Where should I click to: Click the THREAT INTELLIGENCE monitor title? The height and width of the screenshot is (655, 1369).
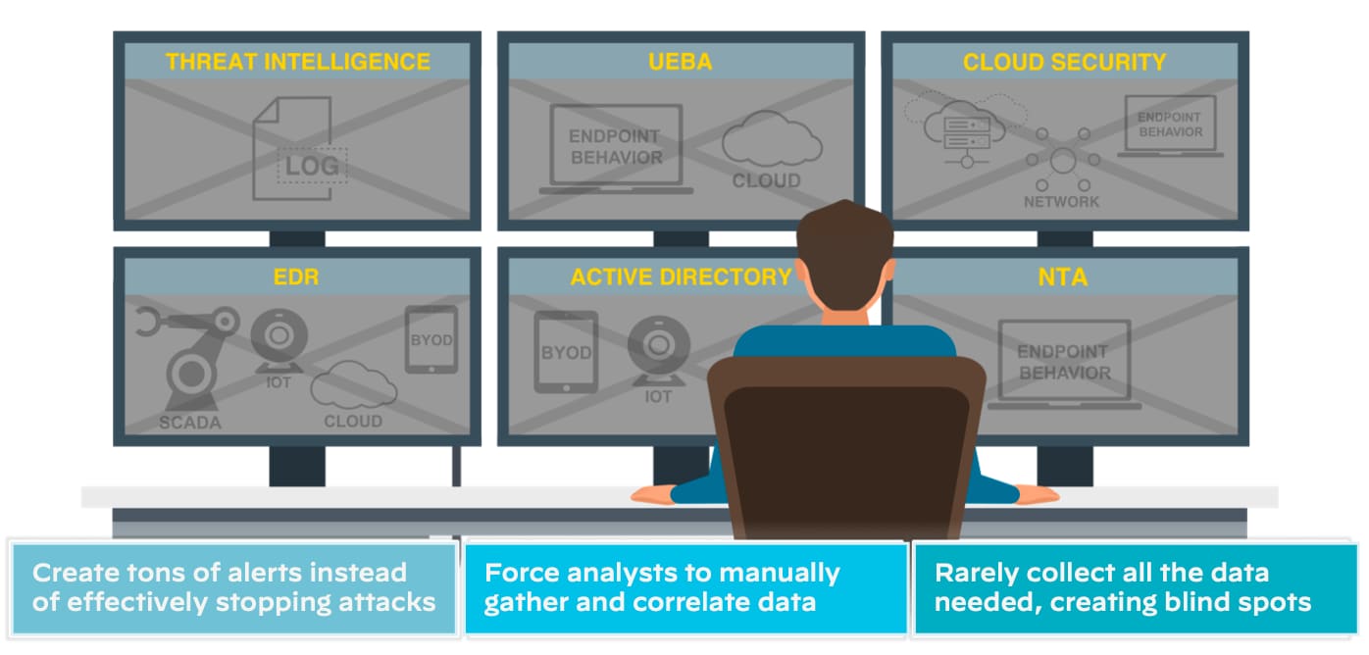[x=297, y=62]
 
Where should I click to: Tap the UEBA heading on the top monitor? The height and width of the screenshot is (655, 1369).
[x=680, y=62]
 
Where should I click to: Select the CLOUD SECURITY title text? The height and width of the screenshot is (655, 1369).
[x=1064, y=62]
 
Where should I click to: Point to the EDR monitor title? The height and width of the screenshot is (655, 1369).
[x=296, y=277]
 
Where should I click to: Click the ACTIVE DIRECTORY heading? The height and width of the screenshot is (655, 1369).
[x=681, y=277]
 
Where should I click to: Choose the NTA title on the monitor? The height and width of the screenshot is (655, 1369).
[x=1063, y=277]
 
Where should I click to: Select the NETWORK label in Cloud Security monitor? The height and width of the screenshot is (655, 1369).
[x=1062, y=202]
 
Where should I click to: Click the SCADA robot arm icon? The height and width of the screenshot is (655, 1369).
[x=189, y=358]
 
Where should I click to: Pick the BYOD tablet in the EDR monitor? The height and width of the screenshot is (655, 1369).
[x=431, y=339]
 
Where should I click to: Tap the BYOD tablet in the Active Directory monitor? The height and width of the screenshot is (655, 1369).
[x=566, y=352]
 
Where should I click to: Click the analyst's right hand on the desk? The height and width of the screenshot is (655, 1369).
[x=1035, y=493]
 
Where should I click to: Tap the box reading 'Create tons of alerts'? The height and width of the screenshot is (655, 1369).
[x=233, y=587]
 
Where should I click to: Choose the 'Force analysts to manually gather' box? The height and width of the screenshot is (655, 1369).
[x=684, y=587]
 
